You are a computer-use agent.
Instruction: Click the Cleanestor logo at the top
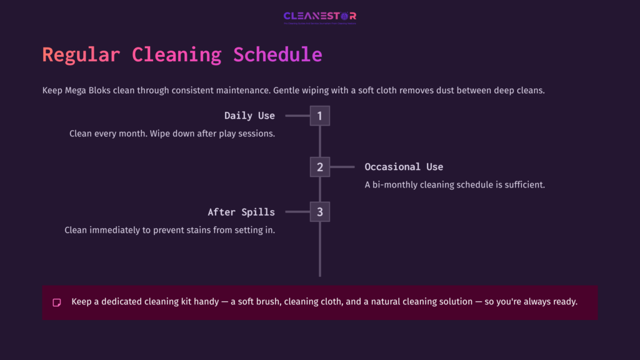coord(319,17)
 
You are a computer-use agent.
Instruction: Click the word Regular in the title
coord(81,54)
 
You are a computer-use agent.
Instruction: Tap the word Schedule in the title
coord(277,54)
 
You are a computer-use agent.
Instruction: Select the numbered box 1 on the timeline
coord(319,116)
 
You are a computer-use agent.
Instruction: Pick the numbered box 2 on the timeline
coord(319,167)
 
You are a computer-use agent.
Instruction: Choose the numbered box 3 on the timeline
coord(319,212)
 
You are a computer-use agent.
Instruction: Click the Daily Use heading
coord(249,116)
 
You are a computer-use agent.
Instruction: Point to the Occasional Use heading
coord(404,167)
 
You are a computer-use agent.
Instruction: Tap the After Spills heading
coord(241,212)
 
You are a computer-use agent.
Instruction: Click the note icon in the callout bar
coord(57,302)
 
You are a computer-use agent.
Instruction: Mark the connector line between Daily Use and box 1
coord(297,116)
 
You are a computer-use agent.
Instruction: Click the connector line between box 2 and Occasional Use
coord(342,167)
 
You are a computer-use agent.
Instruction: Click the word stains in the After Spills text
coord(187,230)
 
